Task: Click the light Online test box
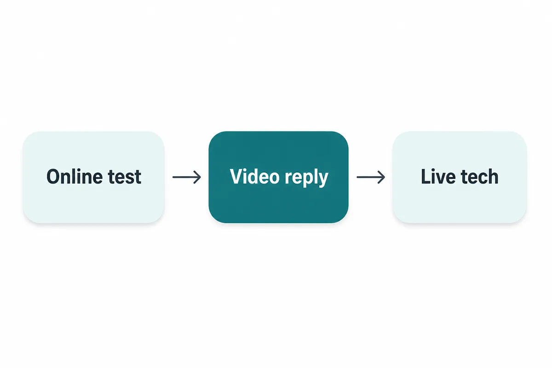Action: click(x=93, y=177)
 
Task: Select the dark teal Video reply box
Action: click(x=278, y=177)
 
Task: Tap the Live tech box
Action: click(x=460, y=177)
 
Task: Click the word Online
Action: click(x=75, y=177)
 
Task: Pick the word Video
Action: click(x=254, y=176)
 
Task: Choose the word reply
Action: click(x=306, y=178)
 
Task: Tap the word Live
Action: click(x=438, y=176)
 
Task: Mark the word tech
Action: click(x=480, y=176)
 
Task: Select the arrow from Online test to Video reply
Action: click(x=187, y=177)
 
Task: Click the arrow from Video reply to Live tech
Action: click(x=371, y=177)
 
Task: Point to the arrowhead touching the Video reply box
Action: click(x=197, y=177)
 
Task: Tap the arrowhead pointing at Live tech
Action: click(x=381, y=177)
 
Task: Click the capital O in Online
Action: click(x=54, y=177)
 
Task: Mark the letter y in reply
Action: click(x=323, y=180)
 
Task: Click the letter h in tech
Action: click(x=492, y=176)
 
